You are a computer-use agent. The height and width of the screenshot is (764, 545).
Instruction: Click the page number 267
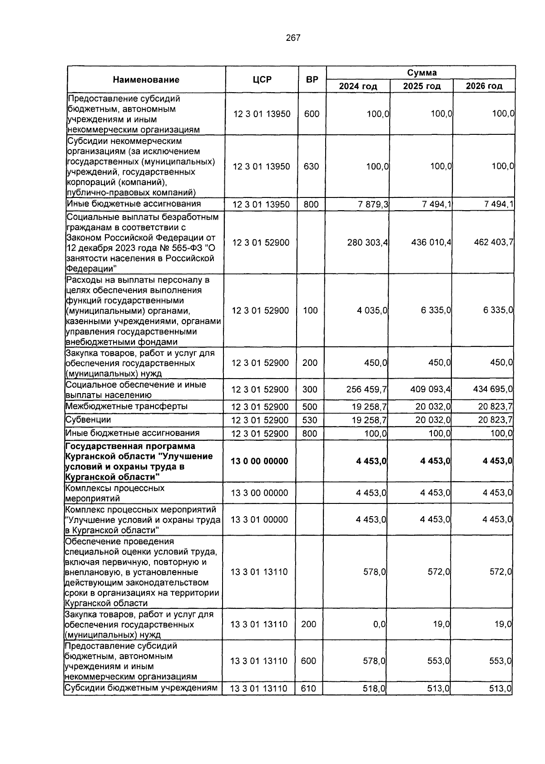click(293, 38)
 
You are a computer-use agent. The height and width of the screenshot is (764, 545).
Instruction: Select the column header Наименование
click(146, 80)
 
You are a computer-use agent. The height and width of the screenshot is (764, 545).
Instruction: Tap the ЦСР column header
click(262, 80)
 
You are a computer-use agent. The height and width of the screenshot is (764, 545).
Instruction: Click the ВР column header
click(312, 80)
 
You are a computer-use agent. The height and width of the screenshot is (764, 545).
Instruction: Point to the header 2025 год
click(421, 86)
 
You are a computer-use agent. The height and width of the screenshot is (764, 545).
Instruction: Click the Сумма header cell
click(421, 73)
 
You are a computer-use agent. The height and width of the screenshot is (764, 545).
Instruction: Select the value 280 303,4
click(367, 243)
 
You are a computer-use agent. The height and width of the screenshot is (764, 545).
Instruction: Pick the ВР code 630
click(311, 167)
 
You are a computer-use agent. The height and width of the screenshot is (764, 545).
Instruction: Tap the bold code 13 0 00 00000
click(259, 461)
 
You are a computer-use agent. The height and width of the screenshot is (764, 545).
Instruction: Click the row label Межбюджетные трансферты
click(126, 406)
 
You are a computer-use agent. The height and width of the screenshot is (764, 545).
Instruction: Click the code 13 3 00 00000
click(259, 493)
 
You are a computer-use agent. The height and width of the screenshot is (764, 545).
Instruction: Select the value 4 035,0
click(372, 311)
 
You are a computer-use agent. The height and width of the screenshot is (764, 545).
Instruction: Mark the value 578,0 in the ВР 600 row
click(374, 661)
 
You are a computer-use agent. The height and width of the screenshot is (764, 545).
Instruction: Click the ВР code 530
click(310, 420)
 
